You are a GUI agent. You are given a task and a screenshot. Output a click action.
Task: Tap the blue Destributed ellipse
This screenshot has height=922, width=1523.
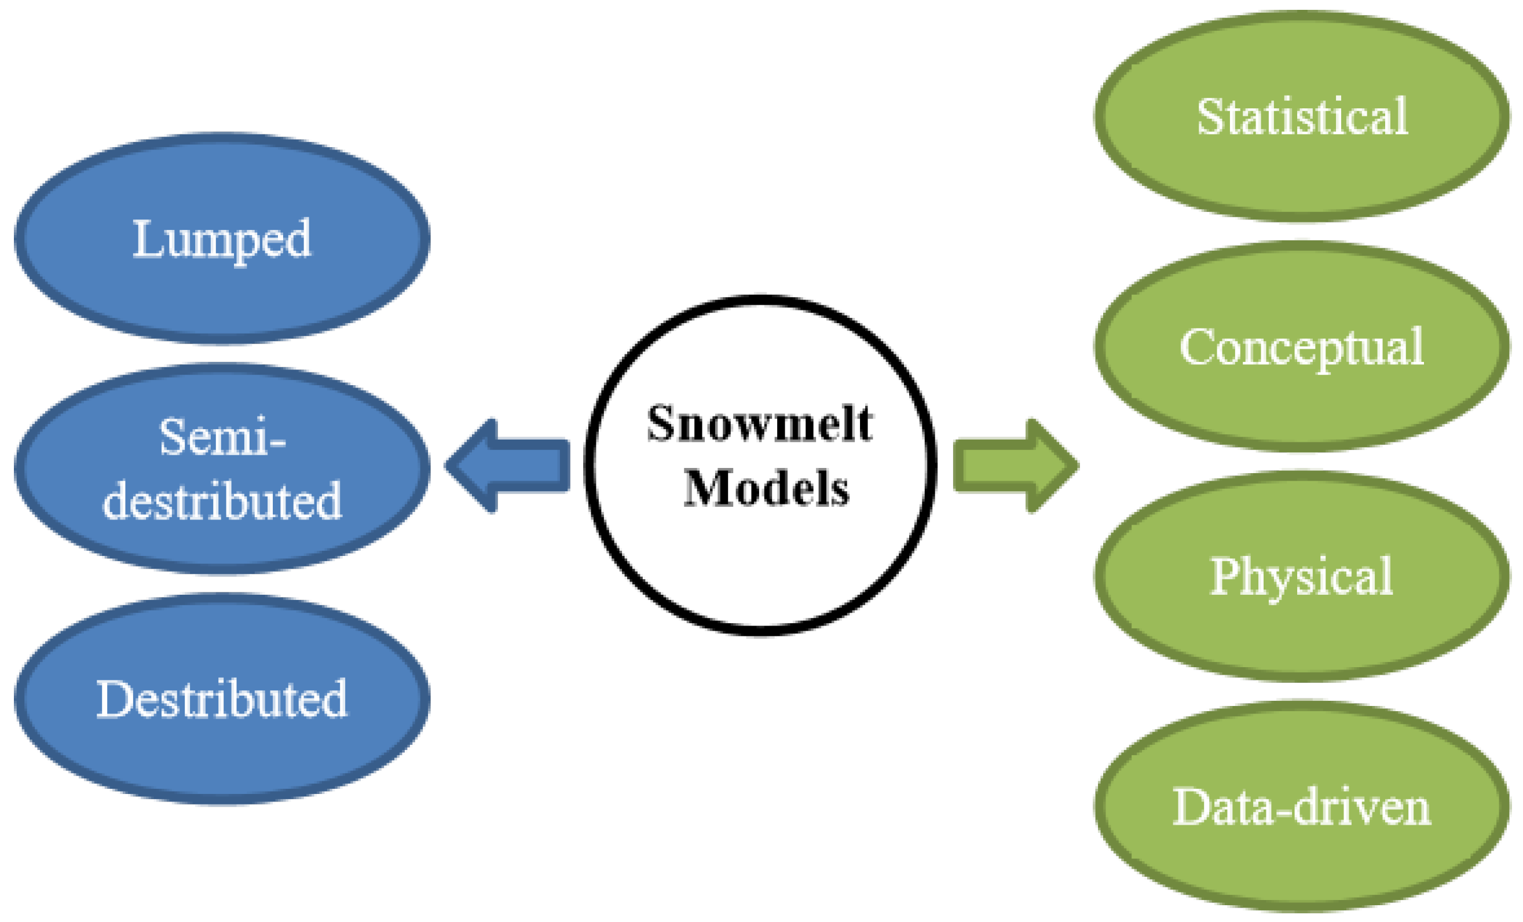(222, 760)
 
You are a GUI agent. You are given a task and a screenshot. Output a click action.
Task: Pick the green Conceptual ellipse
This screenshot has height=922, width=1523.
(1302, 402)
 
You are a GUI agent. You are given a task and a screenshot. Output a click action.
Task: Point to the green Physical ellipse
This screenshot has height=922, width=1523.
(1302, 630)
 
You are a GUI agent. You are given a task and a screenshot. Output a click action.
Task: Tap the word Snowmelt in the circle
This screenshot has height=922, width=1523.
(760, 424)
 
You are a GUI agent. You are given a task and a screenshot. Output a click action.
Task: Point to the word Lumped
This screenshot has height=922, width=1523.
(222, 240)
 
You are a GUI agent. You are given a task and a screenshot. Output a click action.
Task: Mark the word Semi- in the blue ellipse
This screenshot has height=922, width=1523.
(222, 437)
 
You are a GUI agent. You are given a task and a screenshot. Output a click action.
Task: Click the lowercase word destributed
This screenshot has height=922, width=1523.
(222, 500)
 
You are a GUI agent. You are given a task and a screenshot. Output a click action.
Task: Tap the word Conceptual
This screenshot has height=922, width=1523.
(1302, 347)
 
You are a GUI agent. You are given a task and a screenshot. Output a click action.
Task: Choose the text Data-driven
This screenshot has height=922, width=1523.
(1302, 806)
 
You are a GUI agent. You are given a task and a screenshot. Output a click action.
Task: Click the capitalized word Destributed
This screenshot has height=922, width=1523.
(222, 699)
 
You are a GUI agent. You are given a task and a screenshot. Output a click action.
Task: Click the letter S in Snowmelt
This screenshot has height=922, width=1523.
(660, 424)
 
